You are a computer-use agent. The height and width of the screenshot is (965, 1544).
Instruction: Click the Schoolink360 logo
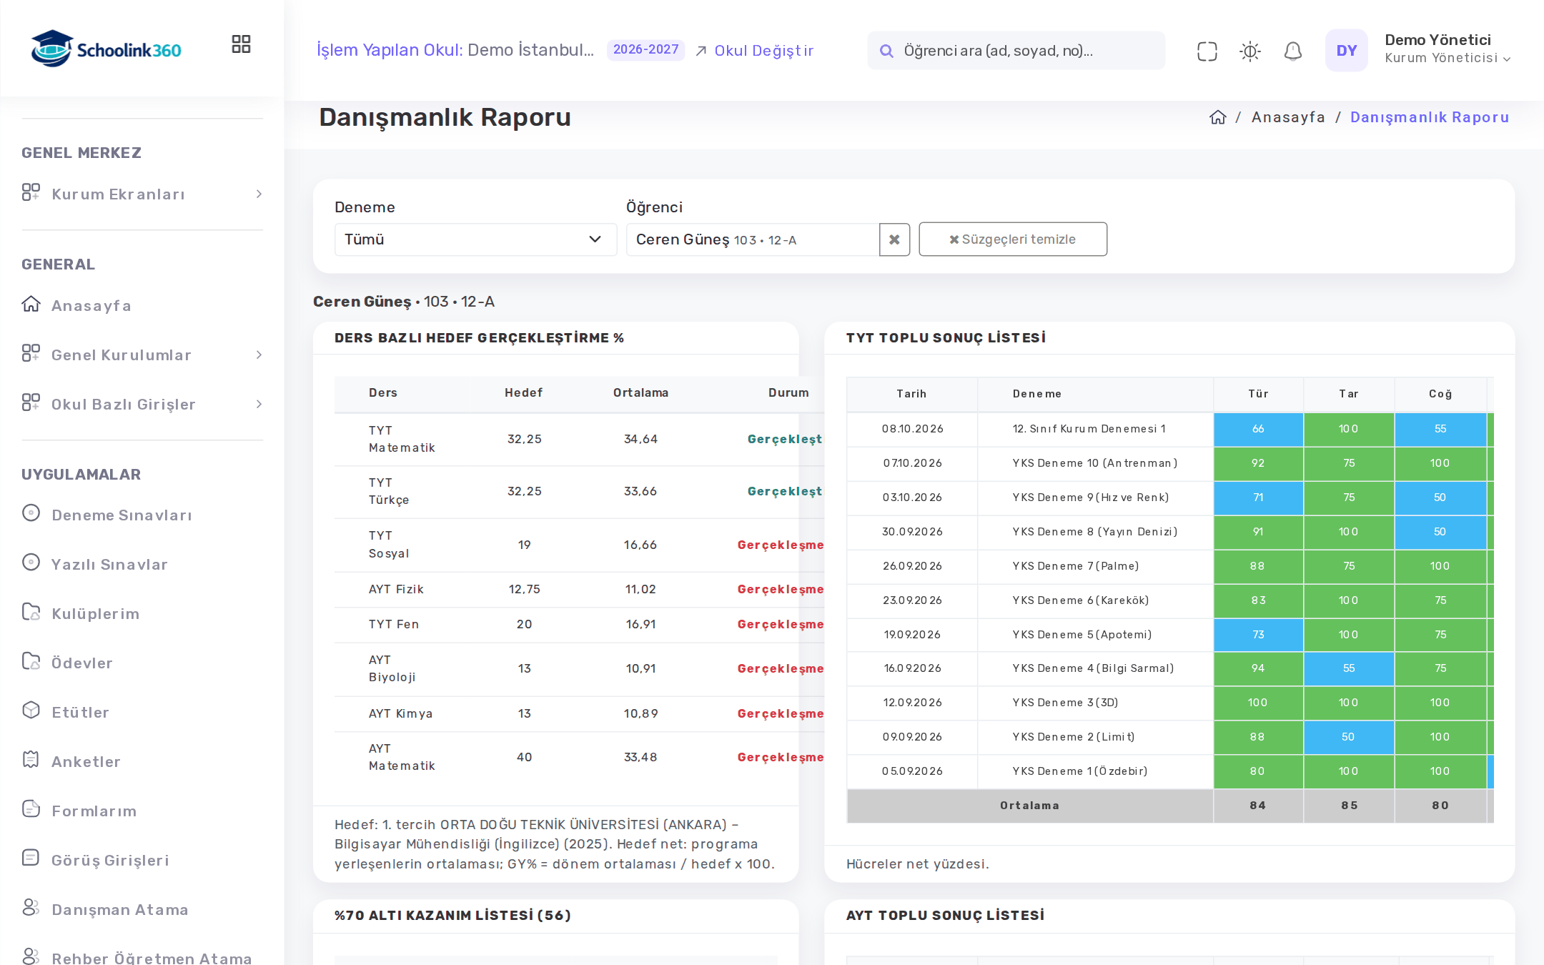(x=107, y=49)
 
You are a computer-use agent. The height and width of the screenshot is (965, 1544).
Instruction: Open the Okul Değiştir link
(x=755, y=51)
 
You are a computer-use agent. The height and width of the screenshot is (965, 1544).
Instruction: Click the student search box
(x=1016, y=51)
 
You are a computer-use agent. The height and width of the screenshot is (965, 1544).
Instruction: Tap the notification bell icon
(x=1292, y=51)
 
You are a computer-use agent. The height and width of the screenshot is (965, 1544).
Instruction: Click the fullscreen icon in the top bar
(x=1207, y=51)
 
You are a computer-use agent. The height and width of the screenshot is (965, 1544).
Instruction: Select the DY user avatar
(x=1346, y=51)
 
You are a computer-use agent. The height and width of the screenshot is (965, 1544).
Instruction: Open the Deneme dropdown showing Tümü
(x=475, y=239)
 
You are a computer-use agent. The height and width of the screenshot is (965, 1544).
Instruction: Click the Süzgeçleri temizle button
(x=1013, y=239)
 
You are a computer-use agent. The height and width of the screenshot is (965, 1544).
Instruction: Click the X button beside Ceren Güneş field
(x=894, y=239)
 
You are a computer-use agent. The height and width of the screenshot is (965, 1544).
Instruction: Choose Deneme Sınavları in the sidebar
(x=122, y=515)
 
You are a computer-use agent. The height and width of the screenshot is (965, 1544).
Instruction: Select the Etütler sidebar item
(x=80, y=712)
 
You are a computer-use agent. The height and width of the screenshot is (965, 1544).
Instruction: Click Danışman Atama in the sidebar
(x=119, y=909)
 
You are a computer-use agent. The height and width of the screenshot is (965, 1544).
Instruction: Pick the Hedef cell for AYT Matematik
(x=524, y=757)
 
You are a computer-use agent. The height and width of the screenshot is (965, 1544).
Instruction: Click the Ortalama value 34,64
(x=640, y=439)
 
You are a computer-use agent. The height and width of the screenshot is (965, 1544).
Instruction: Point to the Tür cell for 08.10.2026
(x=1258, y=429)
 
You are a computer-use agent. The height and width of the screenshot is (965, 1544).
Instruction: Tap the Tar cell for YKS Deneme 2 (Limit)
(x=1348, y=737)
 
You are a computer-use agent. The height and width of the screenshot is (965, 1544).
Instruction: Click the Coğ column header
(x=1440, y=394)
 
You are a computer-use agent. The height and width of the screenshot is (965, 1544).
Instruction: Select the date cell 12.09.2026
(x=912, y=703)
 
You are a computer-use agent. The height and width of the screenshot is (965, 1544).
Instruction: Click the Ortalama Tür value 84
(x=1257, y=806)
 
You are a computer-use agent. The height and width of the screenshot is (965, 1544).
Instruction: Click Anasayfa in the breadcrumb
(x=1288, y=117)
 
